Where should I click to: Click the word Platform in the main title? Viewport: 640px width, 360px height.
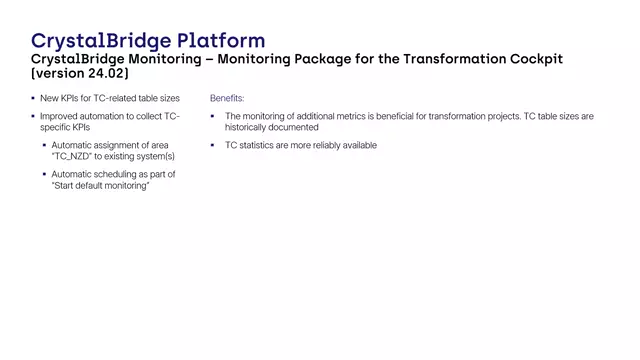[x=221, y=40]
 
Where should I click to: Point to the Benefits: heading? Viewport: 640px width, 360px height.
[x=227, y=99]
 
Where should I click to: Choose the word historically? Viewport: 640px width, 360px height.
[x=249, y=128]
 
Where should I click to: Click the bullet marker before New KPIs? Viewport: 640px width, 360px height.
[x=34, y=99]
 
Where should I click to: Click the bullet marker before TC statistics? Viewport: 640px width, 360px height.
[x=213, y=146]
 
